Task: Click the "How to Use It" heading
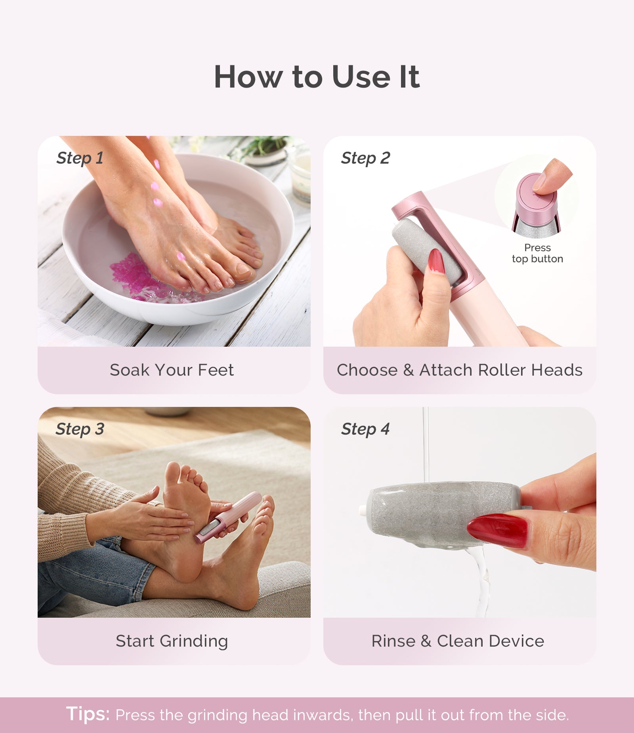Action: [x=317, y=76]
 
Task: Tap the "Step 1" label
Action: [x=80, y=158]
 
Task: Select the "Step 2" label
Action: [x=365, y=158]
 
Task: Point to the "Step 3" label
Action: [x=80, y=429]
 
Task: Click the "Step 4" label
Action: [x=365, y=429]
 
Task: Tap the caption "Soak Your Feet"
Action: [x=172, y=370]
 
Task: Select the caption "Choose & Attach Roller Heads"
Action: [x=459, y=370]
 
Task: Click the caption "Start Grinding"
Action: [x=172, y=641]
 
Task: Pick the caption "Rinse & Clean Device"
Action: [x=458, y=641]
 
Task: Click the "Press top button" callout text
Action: [x=537, y=253]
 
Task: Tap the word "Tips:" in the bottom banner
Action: [x=88, y=714]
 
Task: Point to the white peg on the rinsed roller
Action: [x=363, y=511]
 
